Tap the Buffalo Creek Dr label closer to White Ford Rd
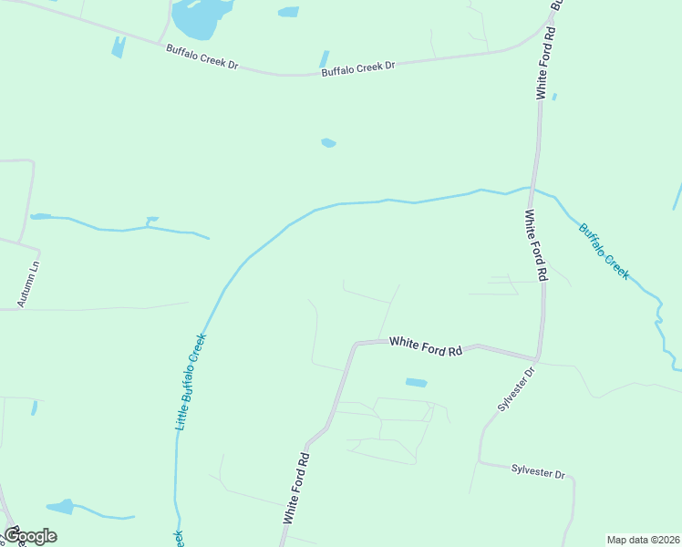pyautogui.click(x=357, y=67)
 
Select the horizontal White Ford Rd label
pyautogui.click(x=426, y=346)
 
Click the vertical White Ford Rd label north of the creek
pyautogui.click(x=545, y=63)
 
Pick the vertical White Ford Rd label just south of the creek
pyautogui.click(x=535, y=244)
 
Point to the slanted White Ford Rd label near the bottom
pyautogui.click(x=297, y=489)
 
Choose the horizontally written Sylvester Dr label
pyautogui.click(x=538, y=472)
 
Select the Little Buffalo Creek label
pyautogui.click(x=191, y=381)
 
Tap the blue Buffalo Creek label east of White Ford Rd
pyautogui.click(x=604, y=250)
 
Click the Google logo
pyautogui.click(x=29, y=536)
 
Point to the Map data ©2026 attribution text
pyautogui.click(x=644, y=540)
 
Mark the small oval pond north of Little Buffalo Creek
pyautogui.click(x=328, y=143)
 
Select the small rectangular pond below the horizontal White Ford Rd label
pyautogui.click(x=416, y=382)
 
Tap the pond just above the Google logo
pyautogui.click(x=60, y=507)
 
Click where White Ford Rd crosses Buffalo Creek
pyautogui.click(x=532, y=189)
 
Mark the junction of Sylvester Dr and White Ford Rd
pyautogui.click(x=539, y=359)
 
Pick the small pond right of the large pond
pyautogui.click(x=288, y=13)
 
